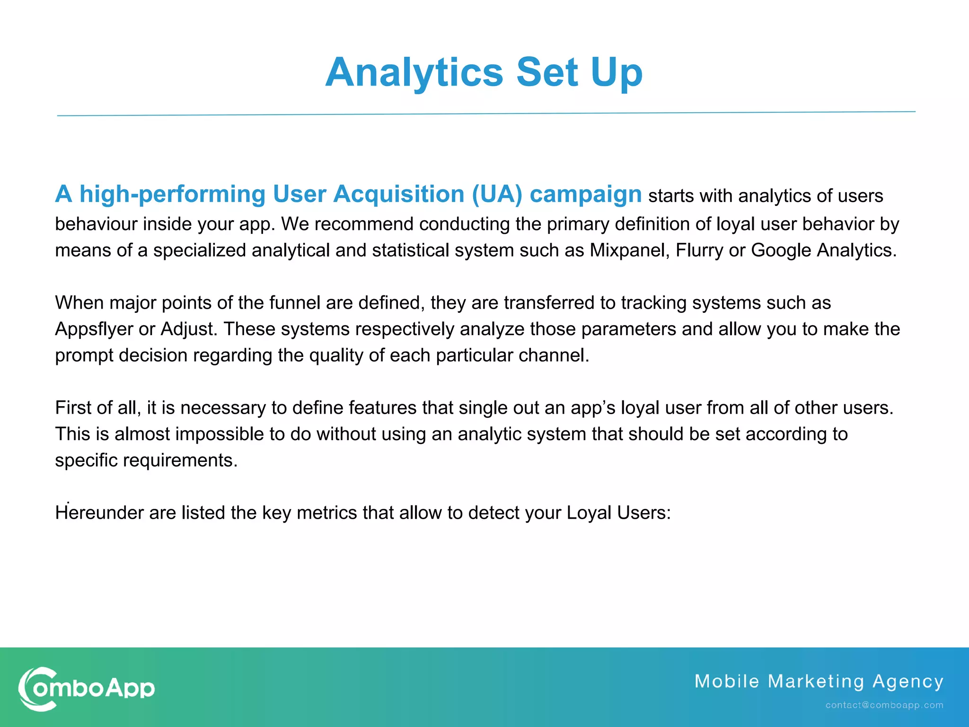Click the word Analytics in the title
coord(414,72)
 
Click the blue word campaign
coord(585,195)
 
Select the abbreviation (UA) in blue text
coord(497,195)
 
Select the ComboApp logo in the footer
coord(87,689)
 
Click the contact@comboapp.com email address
coord(884,705)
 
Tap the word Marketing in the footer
coord(816,682)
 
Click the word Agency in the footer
coord(908,682)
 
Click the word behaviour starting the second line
coord(96,224)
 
